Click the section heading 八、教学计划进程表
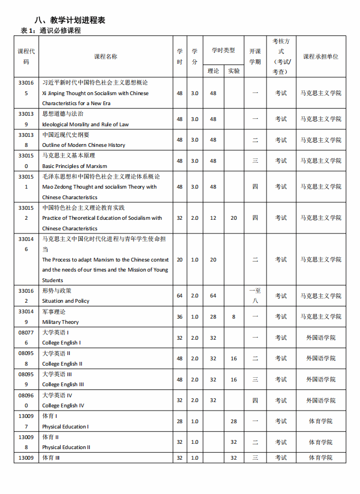click(x=70, y=20)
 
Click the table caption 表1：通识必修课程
click(x=51, y=31)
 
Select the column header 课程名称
click(x=106, y=57)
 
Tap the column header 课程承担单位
click(x=320, y=57)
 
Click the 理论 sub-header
click(x=213, y=71)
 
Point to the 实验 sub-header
click(x=233, y=71)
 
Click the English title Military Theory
click(x=61, y=322)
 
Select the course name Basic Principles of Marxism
click(x=74, y=166)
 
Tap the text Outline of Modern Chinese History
click(x=83, y=145)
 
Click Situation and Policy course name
click(x=66, y=301)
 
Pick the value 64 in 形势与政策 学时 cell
click(x=179, y=295)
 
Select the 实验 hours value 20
click(x=233, y=218)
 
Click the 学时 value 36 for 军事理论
click(x=179, y=316)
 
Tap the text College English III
click(x=63, y=384)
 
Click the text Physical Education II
click(x=66, y=447)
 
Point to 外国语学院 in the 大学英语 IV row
click(x=320, y=400)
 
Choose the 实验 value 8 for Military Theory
click(x=233, y=316)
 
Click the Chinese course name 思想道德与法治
click(x=63, y=114)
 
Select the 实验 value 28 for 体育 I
click(x=233, y=421)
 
